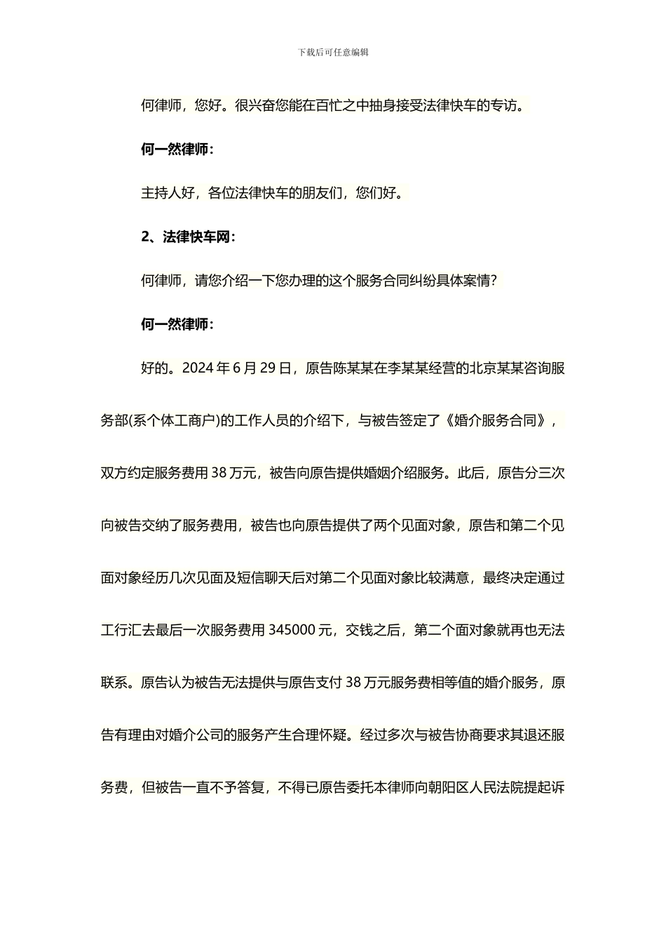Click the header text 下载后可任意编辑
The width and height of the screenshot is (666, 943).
point(333,52)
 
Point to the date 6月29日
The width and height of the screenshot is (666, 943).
point(262,368)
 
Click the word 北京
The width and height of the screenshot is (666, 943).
point(482,368)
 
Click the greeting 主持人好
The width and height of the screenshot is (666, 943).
point(168,193)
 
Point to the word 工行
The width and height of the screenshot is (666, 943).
point(114,630)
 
